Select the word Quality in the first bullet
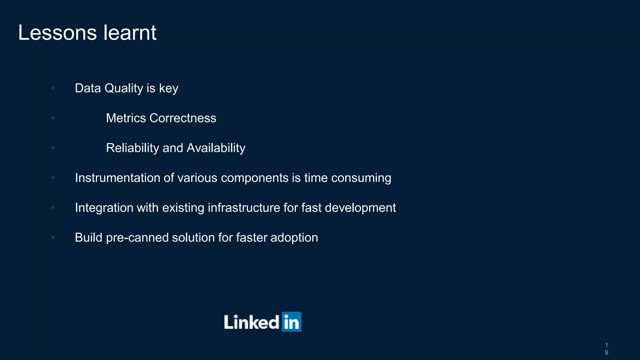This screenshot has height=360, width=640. pos(124,88)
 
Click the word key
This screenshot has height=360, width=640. pos(168,88)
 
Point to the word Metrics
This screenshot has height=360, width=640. pos(126,118)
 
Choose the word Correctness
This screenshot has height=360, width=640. pos(183,118)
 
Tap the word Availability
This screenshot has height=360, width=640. pos(216,148)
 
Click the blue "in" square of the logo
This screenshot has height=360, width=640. pos(291,322)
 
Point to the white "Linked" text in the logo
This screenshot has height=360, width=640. pos(252,322)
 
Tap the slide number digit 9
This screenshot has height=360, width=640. pos(606,352)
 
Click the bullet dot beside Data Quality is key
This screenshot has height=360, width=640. pos(53,88)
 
